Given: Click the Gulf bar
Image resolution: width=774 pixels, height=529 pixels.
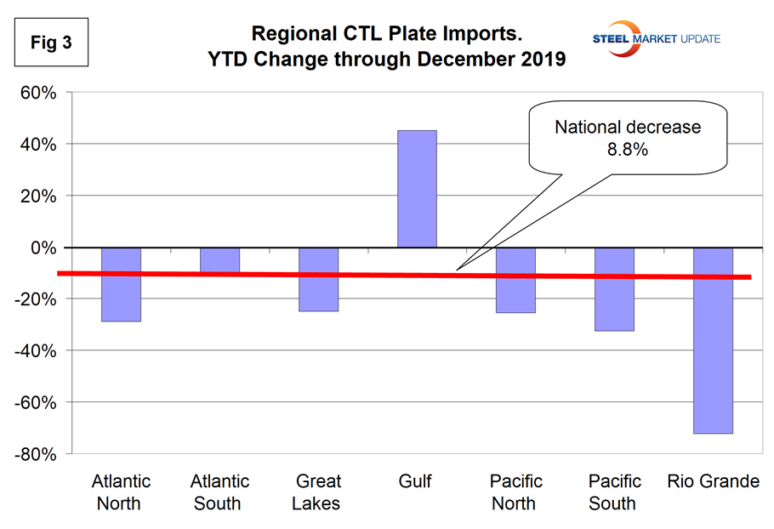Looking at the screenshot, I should coord(417,189).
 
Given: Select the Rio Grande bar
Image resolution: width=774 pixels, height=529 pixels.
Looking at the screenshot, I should coord(713,340).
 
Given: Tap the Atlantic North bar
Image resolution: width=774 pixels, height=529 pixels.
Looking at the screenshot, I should coord(121,284).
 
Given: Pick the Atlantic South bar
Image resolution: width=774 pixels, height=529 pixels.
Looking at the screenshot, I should coord(219,260).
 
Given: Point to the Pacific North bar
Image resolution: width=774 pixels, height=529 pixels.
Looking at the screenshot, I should coord(515,280).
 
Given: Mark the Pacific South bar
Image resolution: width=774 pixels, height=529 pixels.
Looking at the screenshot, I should coord(614,289).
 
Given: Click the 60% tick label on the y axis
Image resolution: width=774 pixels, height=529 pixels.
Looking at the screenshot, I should coord(38,93).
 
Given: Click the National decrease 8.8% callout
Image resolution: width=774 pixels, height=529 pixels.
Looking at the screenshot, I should coord(628,138).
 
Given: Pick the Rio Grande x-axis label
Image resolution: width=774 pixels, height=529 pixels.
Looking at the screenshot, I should coord(713,482).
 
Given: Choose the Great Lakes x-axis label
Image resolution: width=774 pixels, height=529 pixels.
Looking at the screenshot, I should coord(316,492).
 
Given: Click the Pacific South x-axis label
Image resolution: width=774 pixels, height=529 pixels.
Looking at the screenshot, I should coord(614,492).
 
